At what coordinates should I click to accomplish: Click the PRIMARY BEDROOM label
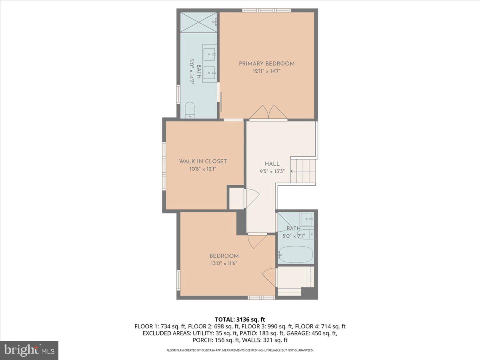pos(266,64)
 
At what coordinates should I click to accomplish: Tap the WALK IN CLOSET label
pos(203,161)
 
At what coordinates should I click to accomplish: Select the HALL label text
pos(272,164)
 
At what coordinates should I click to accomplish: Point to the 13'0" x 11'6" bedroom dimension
pos(224,263)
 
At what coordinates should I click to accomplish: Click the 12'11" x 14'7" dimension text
pos(266,72)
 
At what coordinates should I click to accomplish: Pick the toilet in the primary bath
pos(190,110)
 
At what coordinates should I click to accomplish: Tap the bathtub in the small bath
pos(296,254)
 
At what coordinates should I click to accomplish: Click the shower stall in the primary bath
pos(198,22)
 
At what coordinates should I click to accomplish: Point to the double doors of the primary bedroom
pos(268,113)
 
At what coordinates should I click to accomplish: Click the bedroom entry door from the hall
pos(257,240)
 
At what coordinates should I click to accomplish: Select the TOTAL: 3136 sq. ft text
pos(240,319)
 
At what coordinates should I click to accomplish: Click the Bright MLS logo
pos(29,350)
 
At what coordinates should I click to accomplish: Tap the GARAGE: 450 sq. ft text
pos(321,333)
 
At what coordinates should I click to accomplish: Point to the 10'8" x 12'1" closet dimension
pos(203,169)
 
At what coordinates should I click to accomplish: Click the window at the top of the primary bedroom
pos(266,10)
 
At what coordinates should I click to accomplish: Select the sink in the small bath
pos(307,218)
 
